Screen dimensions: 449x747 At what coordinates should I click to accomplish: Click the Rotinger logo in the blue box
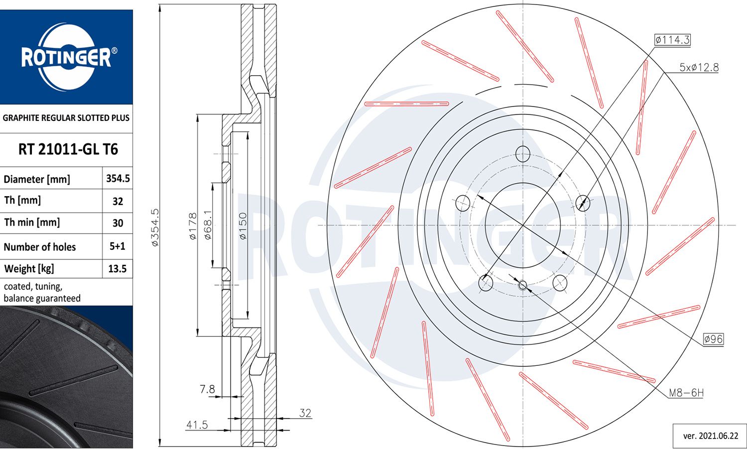pos(66,57)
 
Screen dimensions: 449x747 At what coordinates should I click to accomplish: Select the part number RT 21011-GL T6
pos(68,149)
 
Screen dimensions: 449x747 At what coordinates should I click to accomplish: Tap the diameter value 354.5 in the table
pos(118,178)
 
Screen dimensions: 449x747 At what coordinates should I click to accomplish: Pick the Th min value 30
pos(118,223)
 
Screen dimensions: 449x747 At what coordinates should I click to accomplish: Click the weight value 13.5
pos(118,269)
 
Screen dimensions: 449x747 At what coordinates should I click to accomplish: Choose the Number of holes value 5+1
pos(118,246)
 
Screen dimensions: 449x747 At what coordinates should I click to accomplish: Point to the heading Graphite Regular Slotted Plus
pos(66,118)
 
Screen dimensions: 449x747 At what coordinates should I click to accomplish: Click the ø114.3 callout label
pos(672,40)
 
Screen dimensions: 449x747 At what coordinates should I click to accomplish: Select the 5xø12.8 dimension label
pos(699,67)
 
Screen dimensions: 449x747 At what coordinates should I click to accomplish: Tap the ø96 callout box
pos(713,339)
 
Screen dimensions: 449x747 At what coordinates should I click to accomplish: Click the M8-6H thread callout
pos(686,393)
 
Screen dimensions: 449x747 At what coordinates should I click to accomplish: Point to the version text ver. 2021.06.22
pos(710,436)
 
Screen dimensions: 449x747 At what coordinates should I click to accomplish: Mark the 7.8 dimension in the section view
pos(207,389)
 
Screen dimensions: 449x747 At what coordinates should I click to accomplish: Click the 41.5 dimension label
pos(197,425)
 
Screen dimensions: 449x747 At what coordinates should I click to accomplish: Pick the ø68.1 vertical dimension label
pos(208,225)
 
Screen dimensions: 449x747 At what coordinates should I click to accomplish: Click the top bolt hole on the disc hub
pos(523,153)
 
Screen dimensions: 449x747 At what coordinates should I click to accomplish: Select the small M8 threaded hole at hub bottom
pos(523,285)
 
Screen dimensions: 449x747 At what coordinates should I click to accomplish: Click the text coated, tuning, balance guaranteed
pos(42,292)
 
